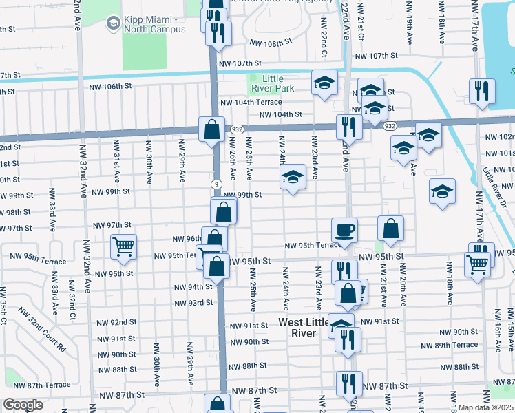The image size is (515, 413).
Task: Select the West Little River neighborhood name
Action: click(x=306, y=328)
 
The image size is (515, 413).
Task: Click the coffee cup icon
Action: click(x=344, y=230)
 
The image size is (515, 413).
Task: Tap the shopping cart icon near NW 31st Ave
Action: click(x=123, y=246)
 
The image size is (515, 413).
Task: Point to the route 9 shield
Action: click(x=217, y=184)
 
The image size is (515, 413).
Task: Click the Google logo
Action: click(x=23, y=405)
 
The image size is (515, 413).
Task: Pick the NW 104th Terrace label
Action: click(x=251, y=102)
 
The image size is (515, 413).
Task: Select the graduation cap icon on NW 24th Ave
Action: click(x=293, y=178)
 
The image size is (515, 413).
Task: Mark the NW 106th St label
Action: click(x=109, y=86)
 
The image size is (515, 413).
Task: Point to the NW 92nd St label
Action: click(x=116, y=322)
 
